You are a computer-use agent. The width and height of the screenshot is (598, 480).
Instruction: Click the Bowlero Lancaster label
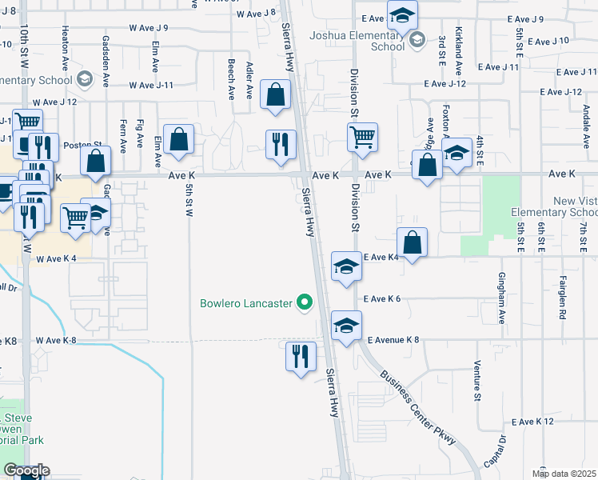pyautogui.click(x=246, y=303)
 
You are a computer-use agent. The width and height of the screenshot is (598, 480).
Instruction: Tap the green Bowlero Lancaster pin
pyautogui.click(x=304, y=303)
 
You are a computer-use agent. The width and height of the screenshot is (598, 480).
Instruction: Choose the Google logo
pyautogui.click(x=26, y=470)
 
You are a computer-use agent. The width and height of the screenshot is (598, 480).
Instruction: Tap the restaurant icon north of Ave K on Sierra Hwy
pyautogui.click(x=281, y=144)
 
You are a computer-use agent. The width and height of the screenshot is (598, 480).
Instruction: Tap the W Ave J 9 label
pyautogui.click(x=144, y=28)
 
